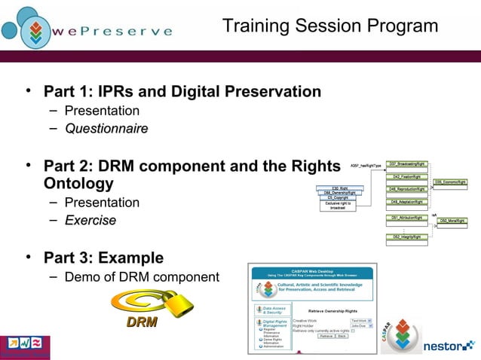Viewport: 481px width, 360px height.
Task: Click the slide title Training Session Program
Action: [x=330, y=26]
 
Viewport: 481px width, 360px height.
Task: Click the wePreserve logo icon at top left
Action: [x=28, y=28]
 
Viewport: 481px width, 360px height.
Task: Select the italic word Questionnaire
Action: [x=106, y=129]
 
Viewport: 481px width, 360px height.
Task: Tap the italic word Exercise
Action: [x=90, y=221]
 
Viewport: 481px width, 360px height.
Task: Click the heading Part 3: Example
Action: [x=103, y=258]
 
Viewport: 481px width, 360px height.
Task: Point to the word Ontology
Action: [x=78, y=183]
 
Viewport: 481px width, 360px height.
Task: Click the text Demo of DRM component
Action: [x=142, y=277]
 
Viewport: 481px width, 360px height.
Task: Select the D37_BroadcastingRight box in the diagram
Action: [x=406, y=163]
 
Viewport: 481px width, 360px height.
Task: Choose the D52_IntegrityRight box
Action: [x=406, y=236]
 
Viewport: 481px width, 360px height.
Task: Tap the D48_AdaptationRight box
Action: [x=406, y=202]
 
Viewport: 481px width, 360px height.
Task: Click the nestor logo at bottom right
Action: [x=448, y=346]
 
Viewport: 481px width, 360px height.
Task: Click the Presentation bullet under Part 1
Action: [x=102, y=111]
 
